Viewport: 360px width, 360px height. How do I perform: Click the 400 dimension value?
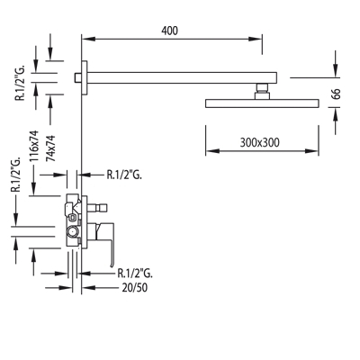tap(169, 31)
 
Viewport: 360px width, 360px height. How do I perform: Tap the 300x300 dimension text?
tap(259, 142)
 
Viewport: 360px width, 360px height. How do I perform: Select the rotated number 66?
tap(337, 94)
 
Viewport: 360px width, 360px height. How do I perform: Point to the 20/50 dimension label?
tap(135, 288)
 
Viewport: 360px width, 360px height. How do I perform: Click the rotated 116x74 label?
tap(35, 146)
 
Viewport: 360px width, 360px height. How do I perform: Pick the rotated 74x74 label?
tap(50, 148)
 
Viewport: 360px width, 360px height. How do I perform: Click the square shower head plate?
tap(262, 103)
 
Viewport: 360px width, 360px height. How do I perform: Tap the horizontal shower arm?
tap(182, 77)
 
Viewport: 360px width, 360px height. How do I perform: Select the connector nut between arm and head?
tap(262, 92)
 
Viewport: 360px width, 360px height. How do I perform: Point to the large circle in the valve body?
tap(73, 232)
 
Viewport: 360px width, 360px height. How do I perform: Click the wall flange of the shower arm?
tap(85, 77)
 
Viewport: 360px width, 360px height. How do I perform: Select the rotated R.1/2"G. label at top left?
tap(22, 82)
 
